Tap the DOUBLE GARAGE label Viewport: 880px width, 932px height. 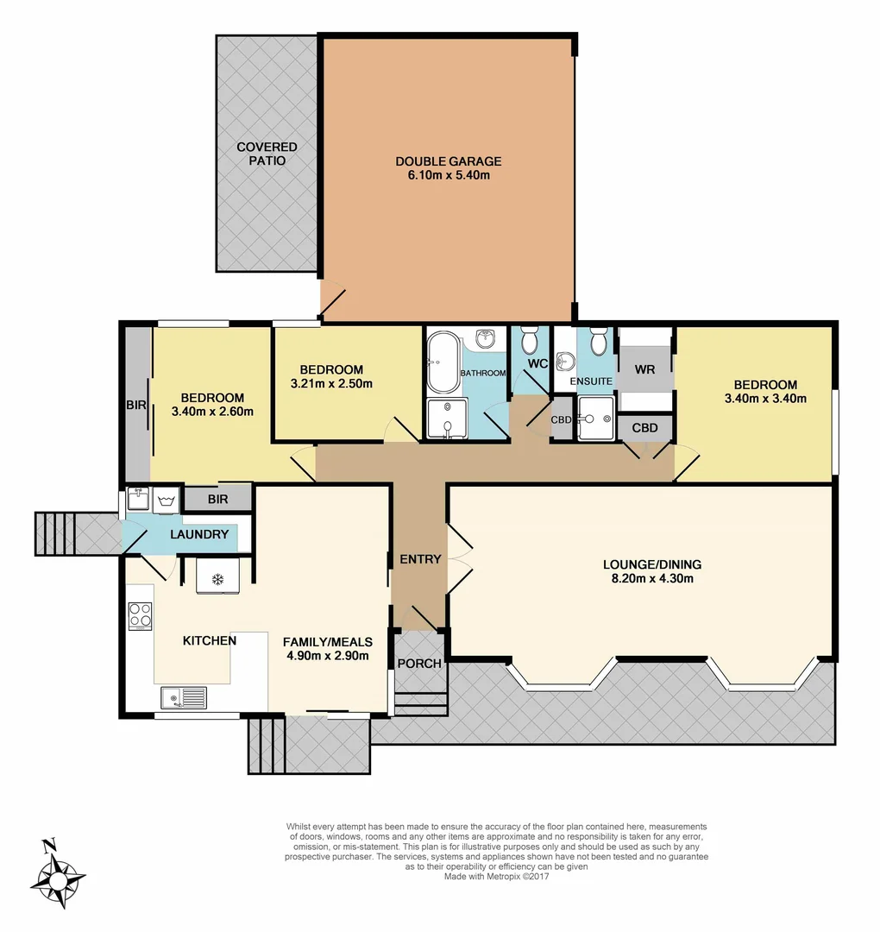(448, 161)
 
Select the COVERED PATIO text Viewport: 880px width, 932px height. (267, 154)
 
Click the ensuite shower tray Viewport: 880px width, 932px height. (595, 418)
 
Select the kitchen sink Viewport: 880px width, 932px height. (183, 696)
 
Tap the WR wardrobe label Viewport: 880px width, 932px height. (645, 368)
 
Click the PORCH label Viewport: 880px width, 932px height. (419, 664)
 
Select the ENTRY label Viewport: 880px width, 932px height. (420, 559)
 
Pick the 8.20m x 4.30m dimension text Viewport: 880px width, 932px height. (652, 578)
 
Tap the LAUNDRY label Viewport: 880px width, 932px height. (199, 534)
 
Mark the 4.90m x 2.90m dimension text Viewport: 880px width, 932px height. (328, 655)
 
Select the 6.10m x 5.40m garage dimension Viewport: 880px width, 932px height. (448, 175)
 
